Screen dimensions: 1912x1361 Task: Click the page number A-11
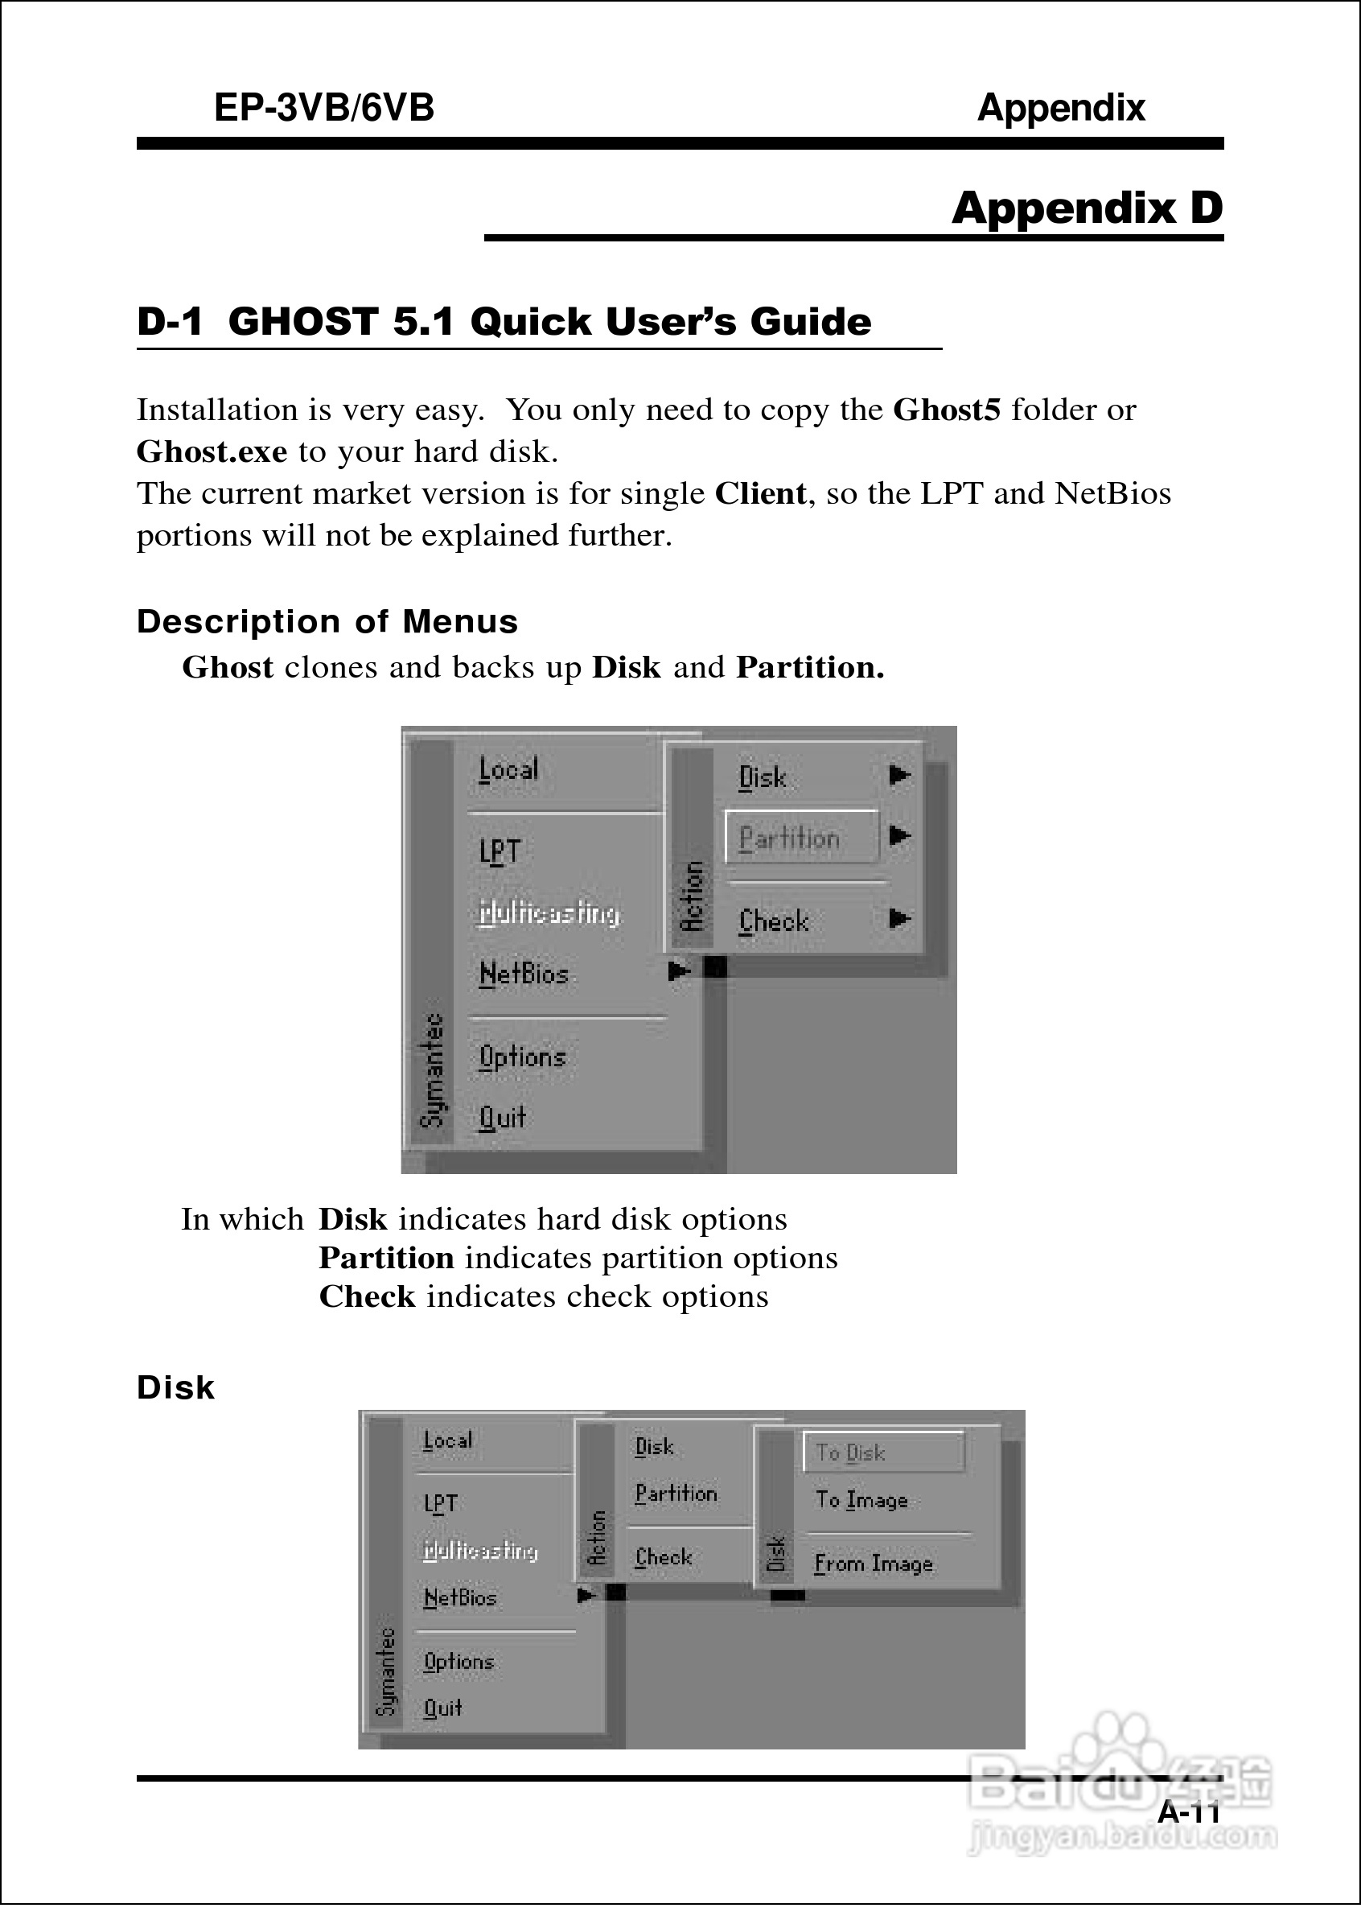point(1188,1812)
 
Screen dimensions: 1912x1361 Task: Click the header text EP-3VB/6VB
point(323,108)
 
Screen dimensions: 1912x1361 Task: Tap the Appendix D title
point(1087,208)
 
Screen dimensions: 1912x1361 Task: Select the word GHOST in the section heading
point(303,322)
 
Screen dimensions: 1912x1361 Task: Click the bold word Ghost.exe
point(212,451)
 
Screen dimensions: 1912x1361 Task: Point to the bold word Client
point(760,494)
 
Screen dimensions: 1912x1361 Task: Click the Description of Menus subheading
point(327,622)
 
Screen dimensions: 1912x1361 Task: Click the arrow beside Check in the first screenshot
point(899,919)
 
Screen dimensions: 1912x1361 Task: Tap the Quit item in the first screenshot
point(502,1118)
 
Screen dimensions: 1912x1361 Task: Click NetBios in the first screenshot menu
point(524,974)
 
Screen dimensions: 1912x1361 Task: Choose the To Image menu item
point(861,1500)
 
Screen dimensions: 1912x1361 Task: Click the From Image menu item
point(874,1564)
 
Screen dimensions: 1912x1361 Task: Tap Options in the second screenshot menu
point(458,1663)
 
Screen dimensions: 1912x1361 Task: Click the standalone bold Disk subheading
point(176,1388)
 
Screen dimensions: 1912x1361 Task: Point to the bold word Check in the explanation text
point(367,1296)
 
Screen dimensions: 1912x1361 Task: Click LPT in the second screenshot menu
point(440,1504)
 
